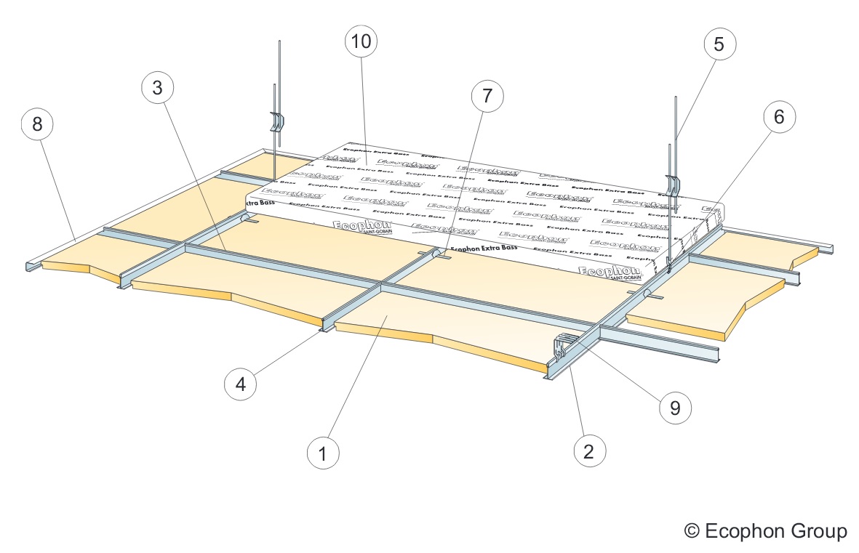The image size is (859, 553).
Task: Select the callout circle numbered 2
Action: coord(589,451)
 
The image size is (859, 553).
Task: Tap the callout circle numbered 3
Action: coord(157,88)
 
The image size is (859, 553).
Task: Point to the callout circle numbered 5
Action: coord(719,44)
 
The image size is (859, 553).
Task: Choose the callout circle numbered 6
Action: coord(779,118)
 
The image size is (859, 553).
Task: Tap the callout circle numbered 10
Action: coord(361,41)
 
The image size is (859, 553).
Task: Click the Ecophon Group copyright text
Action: coord(766,531)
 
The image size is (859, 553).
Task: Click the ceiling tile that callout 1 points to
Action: coord(393,320)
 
